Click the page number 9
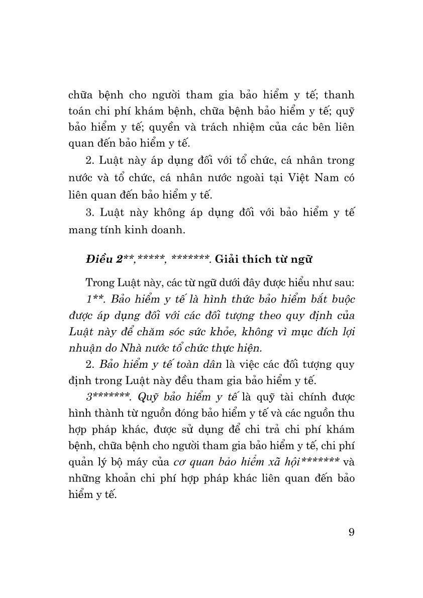click(351, 532)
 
